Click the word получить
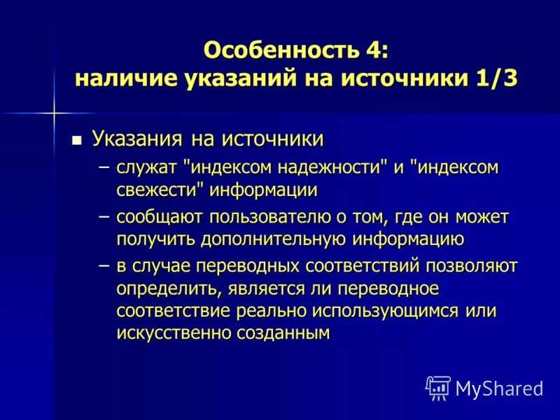pyautogui.click(x=157, y=239)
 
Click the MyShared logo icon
pyautogui.click(x=438, y=388)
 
